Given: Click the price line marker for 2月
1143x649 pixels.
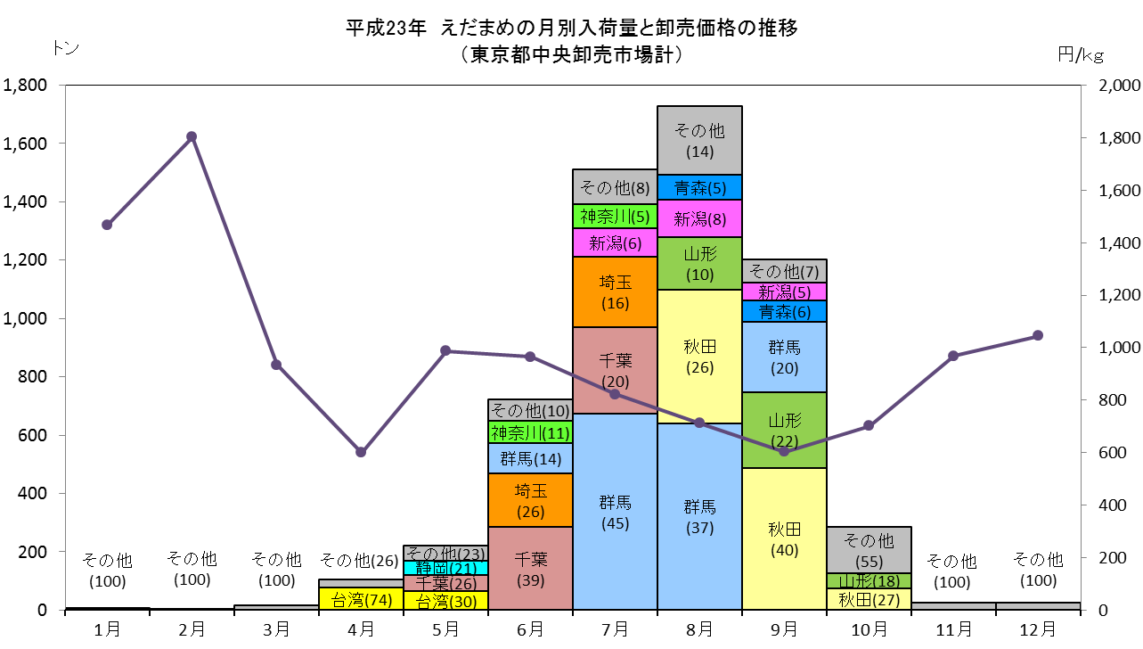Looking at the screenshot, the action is (x=192, y=137).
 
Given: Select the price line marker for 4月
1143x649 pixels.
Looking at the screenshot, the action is (x=361, y=452).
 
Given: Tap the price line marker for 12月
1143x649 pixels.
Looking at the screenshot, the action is (x=1037, y=335).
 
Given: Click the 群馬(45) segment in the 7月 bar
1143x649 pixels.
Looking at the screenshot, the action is (x=615, y=512).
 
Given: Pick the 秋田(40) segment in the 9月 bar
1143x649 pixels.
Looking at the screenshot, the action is (x=784, y=538).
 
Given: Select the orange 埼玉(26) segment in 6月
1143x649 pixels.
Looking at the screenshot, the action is (x=530, y=500).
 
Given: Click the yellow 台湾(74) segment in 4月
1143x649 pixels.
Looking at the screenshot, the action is (x=361, y=598).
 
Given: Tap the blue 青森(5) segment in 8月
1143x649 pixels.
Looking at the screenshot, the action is (x=699, y=187).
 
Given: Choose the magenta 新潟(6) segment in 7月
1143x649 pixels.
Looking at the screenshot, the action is (x=615, y=242).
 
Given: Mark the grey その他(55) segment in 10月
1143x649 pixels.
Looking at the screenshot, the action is (x=869, y=550).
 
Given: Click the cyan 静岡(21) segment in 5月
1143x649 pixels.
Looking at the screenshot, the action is (x=445, y=568).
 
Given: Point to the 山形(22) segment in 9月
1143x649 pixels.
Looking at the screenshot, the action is (x=784, y=430).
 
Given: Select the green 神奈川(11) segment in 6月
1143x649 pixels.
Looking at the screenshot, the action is (x=530, y=432).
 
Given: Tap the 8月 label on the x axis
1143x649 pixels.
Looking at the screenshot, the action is (x=699, y=629).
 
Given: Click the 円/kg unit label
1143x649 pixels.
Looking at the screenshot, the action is (x=1081, y=54).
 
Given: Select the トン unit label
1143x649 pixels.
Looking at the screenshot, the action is (x=66, y=48).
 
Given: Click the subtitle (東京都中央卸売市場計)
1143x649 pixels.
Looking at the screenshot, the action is (x=572, y=54).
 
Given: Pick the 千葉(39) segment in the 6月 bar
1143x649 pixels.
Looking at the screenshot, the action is (x=530, y=569).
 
